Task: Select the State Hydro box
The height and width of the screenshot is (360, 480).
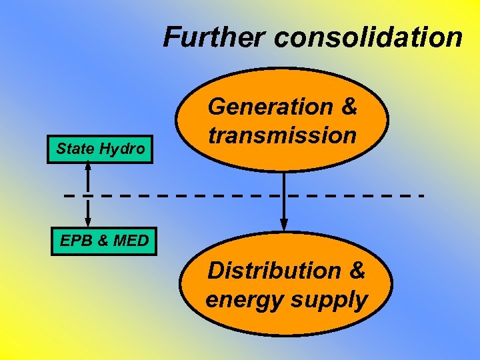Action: [x=101, y=149]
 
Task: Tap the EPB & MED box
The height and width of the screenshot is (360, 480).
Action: [x=104, y=241]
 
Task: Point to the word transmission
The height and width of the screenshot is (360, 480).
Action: [x=282, y=135]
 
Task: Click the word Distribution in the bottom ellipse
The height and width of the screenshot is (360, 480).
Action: [x=274, y=271]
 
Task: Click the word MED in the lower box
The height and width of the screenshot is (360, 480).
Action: [x=131, y=241]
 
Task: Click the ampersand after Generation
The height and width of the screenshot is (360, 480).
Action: [x=349, y=106]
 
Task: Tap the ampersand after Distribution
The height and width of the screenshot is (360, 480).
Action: [x=357, y=271]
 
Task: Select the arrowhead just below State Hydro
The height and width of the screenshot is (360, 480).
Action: [x=88, y=167]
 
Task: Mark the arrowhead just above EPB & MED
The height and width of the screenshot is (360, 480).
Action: [x=88, y=221]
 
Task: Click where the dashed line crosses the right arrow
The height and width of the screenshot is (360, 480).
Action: [x=284, y=195]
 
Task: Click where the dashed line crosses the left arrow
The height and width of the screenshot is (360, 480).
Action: [x=88, y=195]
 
